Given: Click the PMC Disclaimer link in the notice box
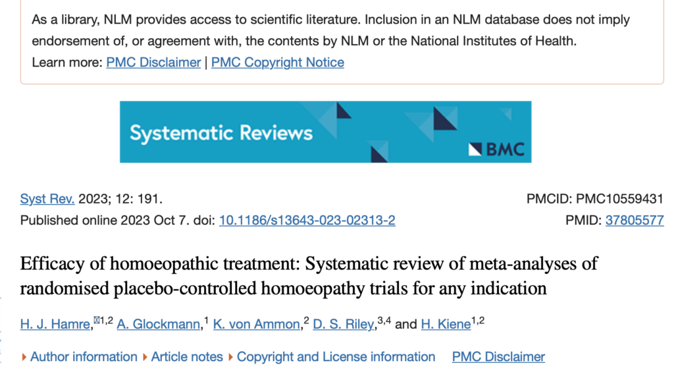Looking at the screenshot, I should (x=153, y=63).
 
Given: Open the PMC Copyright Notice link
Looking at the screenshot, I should (x=278, y=63).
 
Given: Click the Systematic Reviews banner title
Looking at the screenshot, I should (x=221, y=134).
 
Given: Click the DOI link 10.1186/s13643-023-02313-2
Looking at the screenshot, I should (x=307, y=221).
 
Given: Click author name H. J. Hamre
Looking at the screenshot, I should (x=56, y=324).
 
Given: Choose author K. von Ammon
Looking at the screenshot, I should (x=257, y=324).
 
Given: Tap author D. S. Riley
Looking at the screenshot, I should (x=347, y=324).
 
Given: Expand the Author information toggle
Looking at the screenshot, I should (x=84, y=357).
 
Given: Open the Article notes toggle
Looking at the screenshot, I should (x=187, y=357).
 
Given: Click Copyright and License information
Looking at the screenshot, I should (x=336, y=357).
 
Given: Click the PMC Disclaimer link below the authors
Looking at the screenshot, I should (x=498, y=357).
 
